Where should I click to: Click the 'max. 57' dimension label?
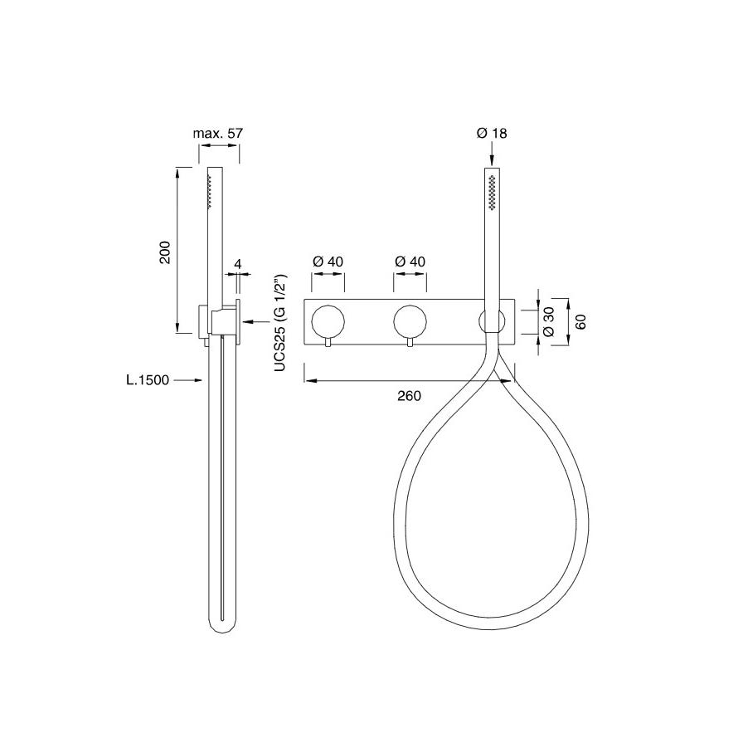(217, 134)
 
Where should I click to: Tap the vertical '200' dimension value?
(164, 252)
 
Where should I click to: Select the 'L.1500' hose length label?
(148, 380)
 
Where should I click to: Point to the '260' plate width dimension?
(409, 395)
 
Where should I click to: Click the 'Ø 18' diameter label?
(492, 134)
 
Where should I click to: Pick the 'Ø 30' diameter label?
(549, 321)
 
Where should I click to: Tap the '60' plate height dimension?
(581, 321)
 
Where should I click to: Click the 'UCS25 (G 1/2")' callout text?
(280, 323)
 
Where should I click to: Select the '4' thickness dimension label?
(238, 264)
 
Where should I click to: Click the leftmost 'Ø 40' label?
(328, 262)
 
